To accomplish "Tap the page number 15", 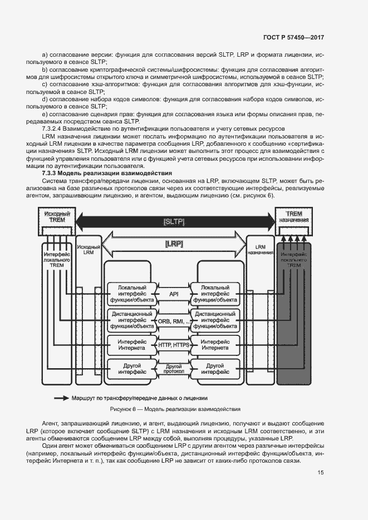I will pyautogui.click(x=321, y=473).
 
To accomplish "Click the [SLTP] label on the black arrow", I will pyautogui.click(x=174, y=222).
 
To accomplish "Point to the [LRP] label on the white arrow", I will pyautogui.click(x=174, y=244).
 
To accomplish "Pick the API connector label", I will pyautogui.click(x=174, y=293).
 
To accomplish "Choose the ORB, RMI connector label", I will pyautogui.click(x=174, y=321).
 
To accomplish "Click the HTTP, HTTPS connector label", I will pyautogui.click(x=174, y=345).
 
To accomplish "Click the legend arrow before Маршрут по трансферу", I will pyautogui.click(x=61, y=398).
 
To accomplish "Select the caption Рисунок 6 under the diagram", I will pyautogui.click(x=175, y=409).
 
